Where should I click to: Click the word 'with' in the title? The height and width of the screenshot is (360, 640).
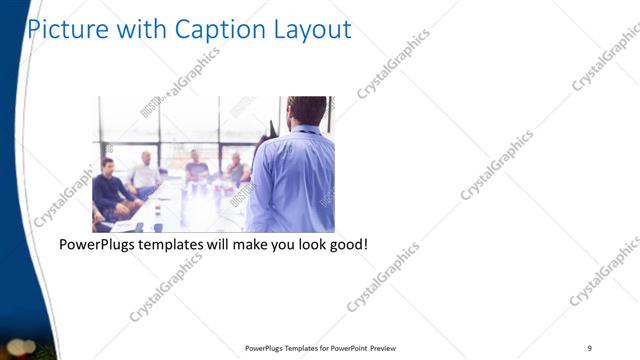pos(141,30)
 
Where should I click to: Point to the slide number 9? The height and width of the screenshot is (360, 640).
pos(590,347)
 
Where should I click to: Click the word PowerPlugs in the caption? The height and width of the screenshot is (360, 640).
pos(100,245)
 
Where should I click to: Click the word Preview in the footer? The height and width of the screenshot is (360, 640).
pos(391,348)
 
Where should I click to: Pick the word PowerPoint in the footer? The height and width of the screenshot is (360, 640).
pos(345,348)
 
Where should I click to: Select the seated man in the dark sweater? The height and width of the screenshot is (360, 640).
pos(113,190)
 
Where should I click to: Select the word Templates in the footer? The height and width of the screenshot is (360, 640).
pos(290,348)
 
